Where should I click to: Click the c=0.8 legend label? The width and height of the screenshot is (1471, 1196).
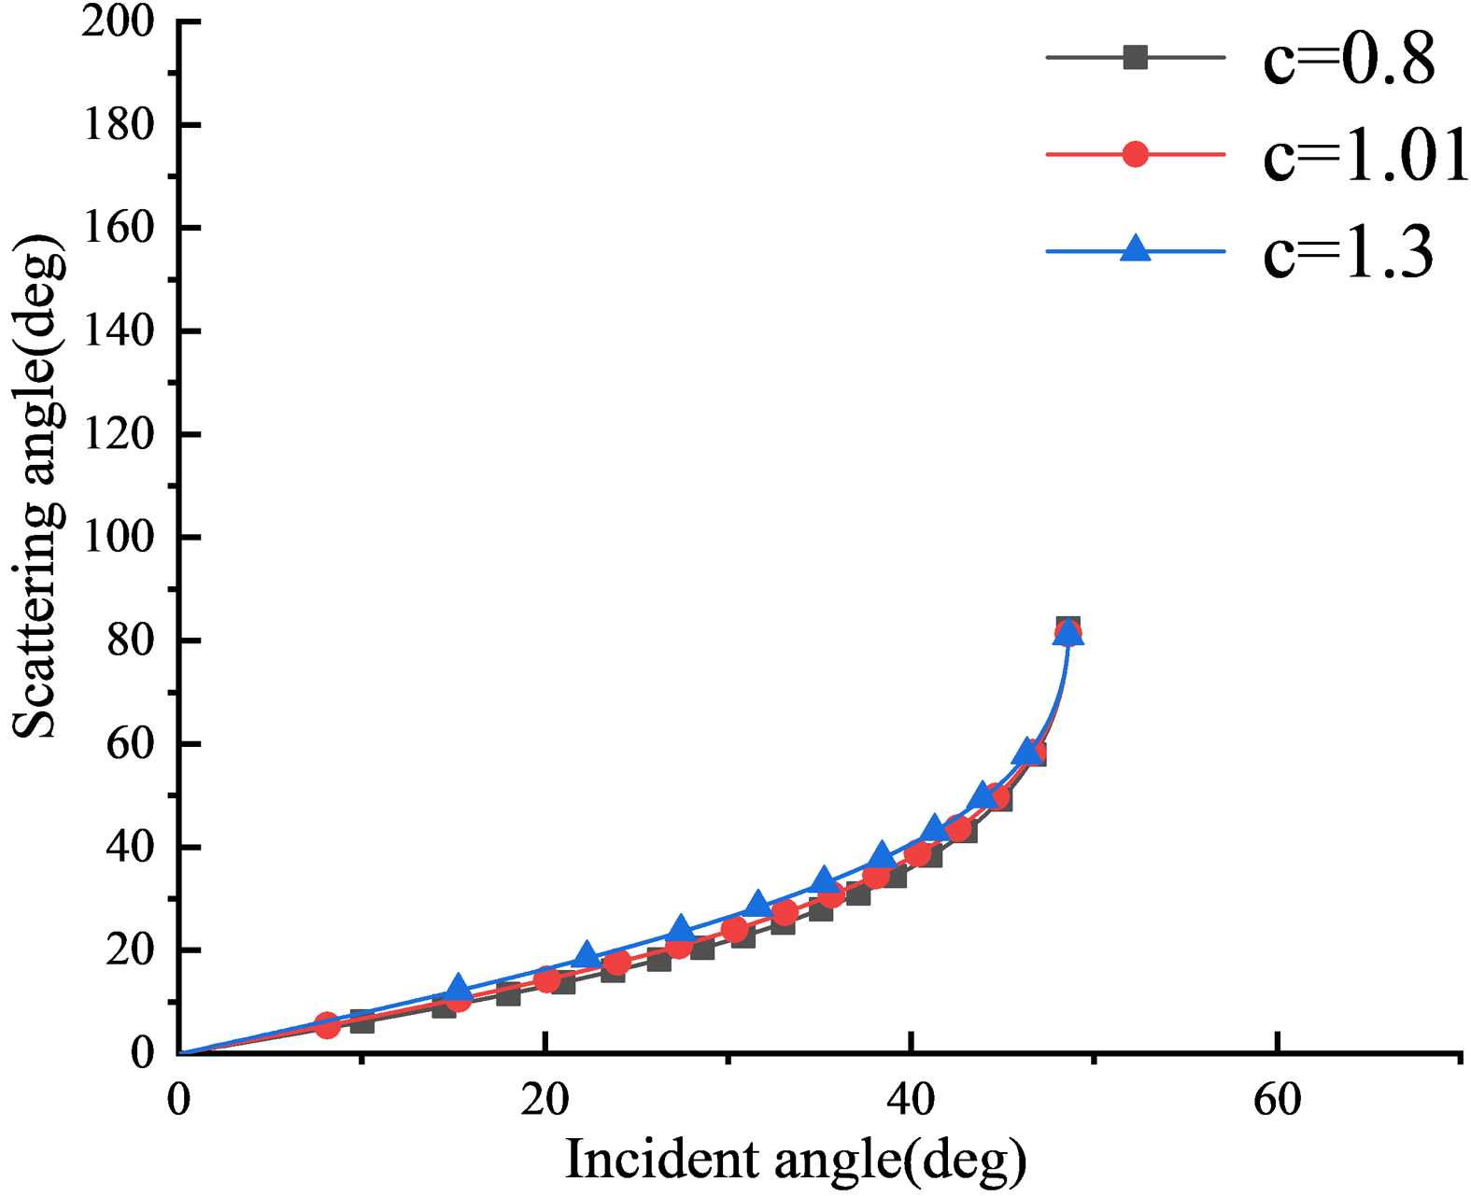click(x=1349, y=59)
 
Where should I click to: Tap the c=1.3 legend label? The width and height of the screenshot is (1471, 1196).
click(x=1348, y=252)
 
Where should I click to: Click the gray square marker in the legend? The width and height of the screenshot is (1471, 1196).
click(x=1135, y=58)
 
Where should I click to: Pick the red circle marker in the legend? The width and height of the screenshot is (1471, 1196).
click(x=1135, y=154)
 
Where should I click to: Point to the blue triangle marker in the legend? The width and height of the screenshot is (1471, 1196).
click(x=1135, y=249)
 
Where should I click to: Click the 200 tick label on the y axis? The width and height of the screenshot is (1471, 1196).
click(x=118, y=21)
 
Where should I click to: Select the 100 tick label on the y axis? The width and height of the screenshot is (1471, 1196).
click(x=118, y=538)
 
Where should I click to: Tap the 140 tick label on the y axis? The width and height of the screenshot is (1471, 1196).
click(x=118, y=331)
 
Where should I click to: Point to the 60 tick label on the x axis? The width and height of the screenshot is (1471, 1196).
click(x=1277, y=1101)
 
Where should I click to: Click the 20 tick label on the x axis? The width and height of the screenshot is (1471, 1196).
click(x=545, y=1101)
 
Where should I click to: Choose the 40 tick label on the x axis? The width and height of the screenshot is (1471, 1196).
click(x=911, y=1101)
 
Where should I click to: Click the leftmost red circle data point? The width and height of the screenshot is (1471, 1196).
click(x=326, y=1025)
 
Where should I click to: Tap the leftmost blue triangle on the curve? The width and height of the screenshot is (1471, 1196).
click(x=458, y=988)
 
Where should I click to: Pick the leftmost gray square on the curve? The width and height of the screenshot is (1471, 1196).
click(x=361, y=1021)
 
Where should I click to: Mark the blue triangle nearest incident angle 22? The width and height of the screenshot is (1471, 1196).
click(x=587, y=954)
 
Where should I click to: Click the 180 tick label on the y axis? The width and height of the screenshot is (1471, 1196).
click(x=118, y=125)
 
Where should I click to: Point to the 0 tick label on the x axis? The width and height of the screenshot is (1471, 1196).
click(x=178, y=1101)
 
